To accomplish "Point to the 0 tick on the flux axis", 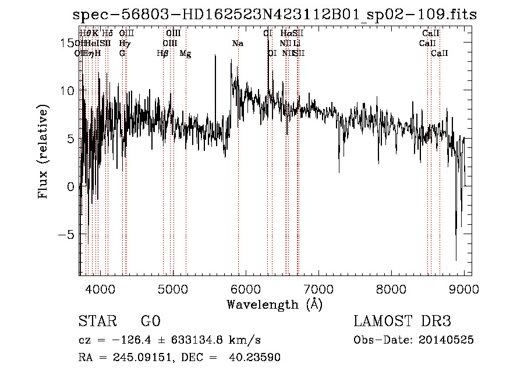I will [70, 187].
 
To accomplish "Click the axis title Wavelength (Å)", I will [274, 304].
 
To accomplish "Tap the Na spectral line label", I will [238, 43].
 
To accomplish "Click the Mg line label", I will [185, 54].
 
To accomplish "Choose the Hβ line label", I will [162, 54].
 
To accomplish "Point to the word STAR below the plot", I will [97, 322].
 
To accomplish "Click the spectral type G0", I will [150, 322].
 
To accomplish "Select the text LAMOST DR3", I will [402, 322].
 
